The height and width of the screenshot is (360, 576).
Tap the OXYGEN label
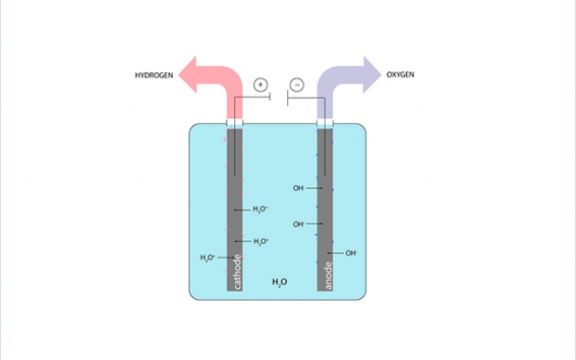[x=401, y=75]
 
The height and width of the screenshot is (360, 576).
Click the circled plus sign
[x=260, y=85]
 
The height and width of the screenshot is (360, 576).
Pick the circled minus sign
[x=298, y=85]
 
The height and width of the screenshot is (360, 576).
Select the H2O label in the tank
[x=279, y=283]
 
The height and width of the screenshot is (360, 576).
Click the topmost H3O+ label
[x=261, y=210]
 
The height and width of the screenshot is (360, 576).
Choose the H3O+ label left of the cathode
[x=208, y=258]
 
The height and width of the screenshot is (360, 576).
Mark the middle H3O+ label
[x=261, y=241]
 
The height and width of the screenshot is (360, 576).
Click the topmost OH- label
[x=299, y=188]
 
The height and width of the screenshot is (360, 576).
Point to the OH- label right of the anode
[x=351, y=253]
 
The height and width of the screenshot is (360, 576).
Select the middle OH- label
[x=299, y=224]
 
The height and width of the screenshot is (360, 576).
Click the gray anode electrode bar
[x=326, y=207]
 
